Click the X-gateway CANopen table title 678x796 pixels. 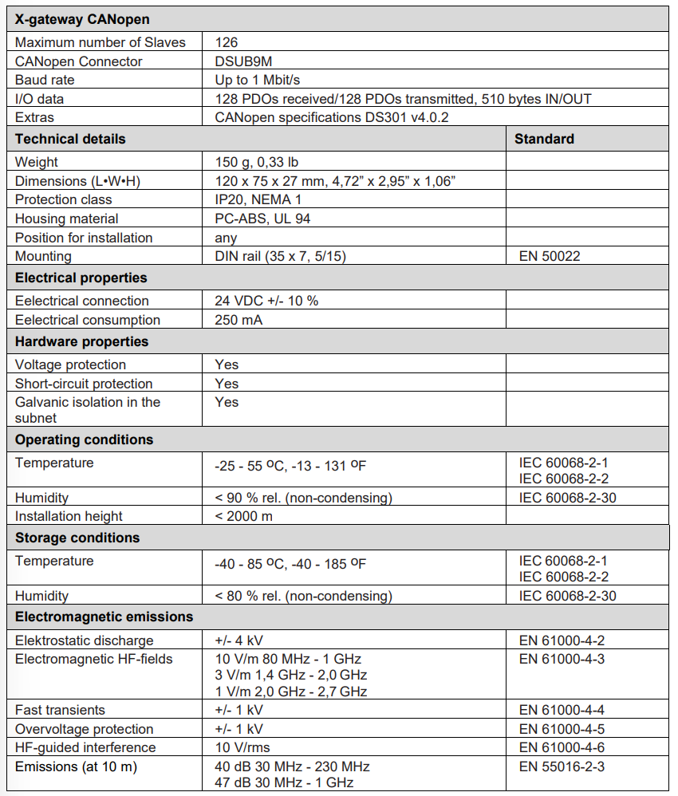[82, 19]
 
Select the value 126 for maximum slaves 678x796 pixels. [227, 42]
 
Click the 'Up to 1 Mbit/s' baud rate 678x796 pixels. [257, 80]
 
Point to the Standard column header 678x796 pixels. [544, 139]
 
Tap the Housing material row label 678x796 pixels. [66, 219]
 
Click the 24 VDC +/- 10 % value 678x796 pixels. [267, 301]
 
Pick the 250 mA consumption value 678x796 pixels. [238, 320]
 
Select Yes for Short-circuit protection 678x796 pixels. [227, 384]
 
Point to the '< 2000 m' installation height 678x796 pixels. [243, 516]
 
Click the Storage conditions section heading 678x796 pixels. [77, 538]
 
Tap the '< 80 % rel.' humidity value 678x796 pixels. [303, 596]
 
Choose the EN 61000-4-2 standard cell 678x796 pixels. [562, 640]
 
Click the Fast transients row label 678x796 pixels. [60, 710]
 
